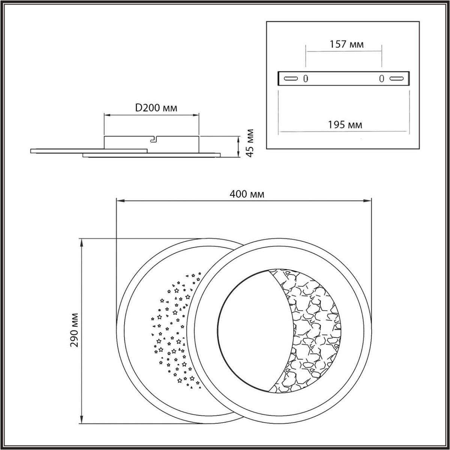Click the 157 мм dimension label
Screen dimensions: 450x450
[346, 44]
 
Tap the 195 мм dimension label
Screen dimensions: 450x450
[345, 125]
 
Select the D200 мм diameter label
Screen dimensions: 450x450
[156, 108]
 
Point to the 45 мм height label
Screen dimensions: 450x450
[250, 143]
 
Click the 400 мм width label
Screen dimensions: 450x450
[247, 194]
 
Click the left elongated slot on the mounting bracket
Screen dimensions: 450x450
[291, 78]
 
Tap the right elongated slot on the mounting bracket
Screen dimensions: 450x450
[397, 78]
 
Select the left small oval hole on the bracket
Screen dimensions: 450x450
[306, 79]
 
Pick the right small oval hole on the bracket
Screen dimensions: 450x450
[382, 79]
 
